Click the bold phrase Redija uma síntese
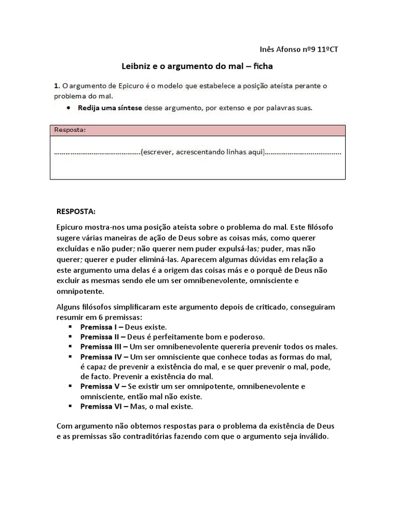click(x=110, y=108)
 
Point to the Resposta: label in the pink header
click(x=69, y=130)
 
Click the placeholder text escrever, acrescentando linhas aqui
click(x=203, y=152)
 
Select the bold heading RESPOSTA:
click(x=75, y=212)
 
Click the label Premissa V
click(x=101, y=386)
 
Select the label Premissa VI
click(x=102, y=406)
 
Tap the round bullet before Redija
click(x=69, y=108)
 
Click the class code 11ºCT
click(x=327, y=49)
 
